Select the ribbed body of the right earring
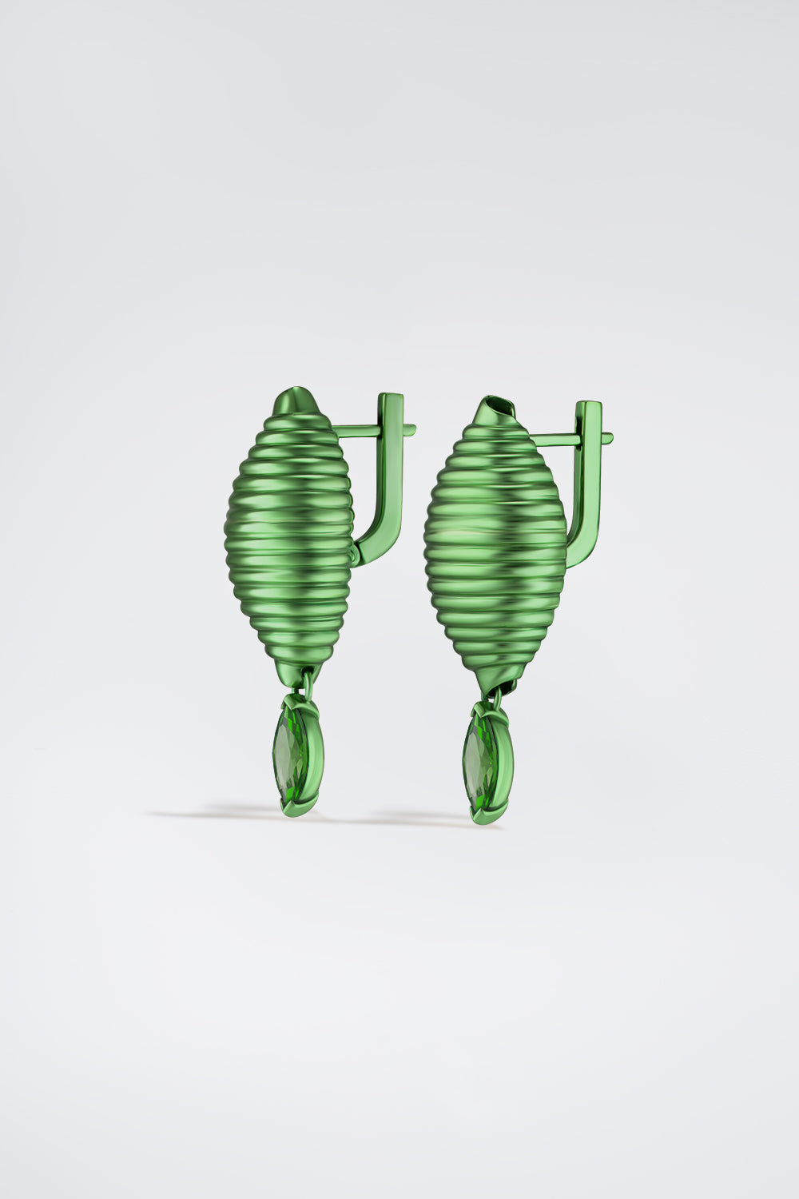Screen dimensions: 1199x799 (x=495, y=552)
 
